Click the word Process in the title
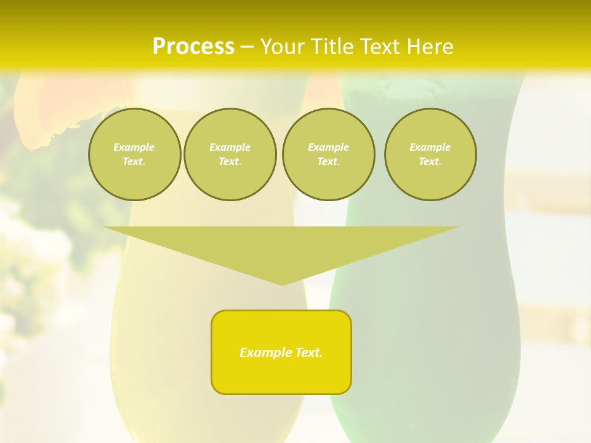pos(193,47)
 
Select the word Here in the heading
pos(429,47)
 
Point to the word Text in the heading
pos(380,47)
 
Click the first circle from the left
pos(134,154)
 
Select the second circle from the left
pos(230,154)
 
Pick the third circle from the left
pos(328,154)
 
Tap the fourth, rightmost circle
pos(430,154)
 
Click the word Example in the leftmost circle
pos(134,147)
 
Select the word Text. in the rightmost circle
pos(430,162)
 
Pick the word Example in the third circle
pos(328,147)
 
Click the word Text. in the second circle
pos(230,162)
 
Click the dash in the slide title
pos(247,47)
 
